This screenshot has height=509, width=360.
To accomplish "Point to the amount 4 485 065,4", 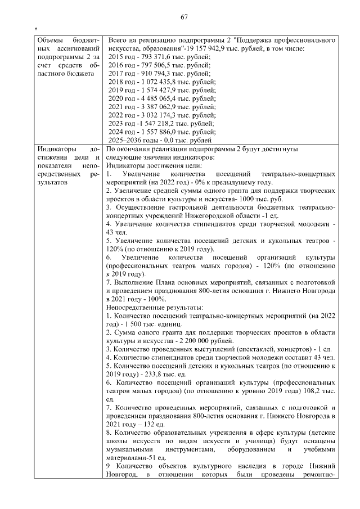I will [x=156, y=98].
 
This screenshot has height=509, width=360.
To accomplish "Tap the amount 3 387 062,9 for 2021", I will [x=156, y=106].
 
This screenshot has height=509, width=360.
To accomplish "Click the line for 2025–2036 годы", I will [x=159, y=139].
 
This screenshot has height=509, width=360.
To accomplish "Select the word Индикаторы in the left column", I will [x=56, y=149].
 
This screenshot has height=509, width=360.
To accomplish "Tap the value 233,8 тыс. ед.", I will [x=158, y=373].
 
